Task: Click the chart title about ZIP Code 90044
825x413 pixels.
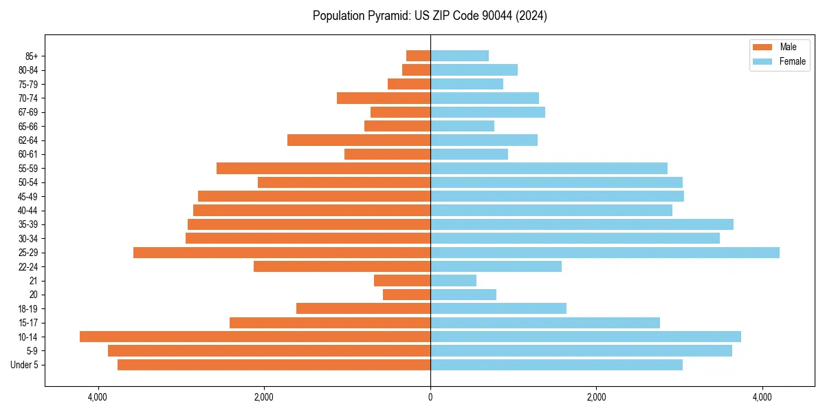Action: (x=430, y=16)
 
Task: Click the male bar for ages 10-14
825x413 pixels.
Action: (x=255, y=337)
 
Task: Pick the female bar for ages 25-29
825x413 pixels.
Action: (x=605, y=253)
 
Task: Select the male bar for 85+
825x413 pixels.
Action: (x=418, y=56)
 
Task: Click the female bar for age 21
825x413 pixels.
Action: (x=453, y=281)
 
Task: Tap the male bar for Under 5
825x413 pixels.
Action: (x=274, y=365)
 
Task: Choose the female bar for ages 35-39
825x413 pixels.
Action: (x=582, y=224)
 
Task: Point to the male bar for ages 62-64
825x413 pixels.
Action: (x=359, y=140)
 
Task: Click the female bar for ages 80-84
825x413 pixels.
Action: (x=474, y=70)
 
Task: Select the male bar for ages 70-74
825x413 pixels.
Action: (x=384, y=98)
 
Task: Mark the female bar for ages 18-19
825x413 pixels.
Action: (x=498, y=308)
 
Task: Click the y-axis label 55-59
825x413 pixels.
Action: (x=27, y=169)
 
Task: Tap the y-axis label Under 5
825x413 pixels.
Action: (x=25, y=365)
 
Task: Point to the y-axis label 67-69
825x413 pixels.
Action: (x=27, y=112)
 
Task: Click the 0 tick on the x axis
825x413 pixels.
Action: (x=430, y=397)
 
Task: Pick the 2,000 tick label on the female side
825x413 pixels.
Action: (x=596, y=397)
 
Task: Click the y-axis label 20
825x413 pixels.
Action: (x=33, y=295)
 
